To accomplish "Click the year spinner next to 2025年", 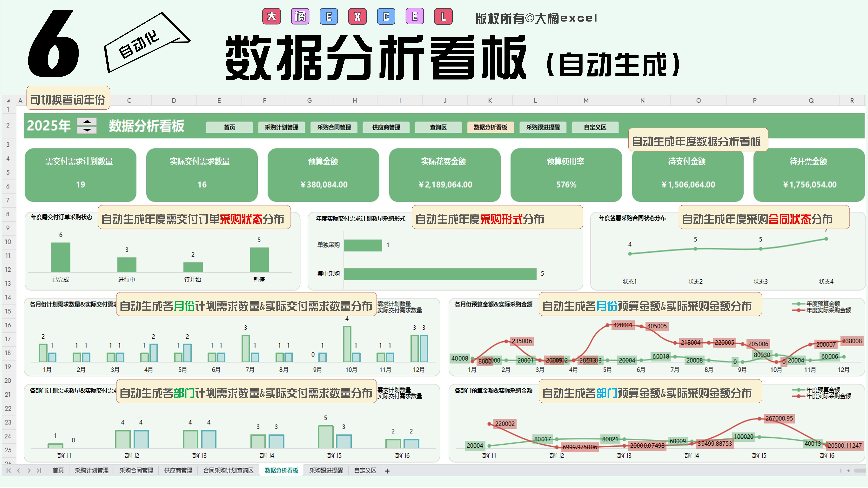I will coord(87,126).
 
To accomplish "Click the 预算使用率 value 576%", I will coord(566,185).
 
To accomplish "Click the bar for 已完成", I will coord(61,257).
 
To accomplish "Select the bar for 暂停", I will coord(259,260).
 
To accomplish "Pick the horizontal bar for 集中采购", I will coord(440,274).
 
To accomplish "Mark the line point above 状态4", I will coord(826,239).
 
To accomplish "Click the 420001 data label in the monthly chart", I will coord(623,325).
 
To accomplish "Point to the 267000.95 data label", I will coord(779,418).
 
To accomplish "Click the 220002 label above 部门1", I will coord(504,424).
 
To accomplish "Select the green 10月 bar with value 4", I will coord(347,344).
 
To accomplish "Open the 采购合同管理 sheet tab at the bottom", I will coord(136,471).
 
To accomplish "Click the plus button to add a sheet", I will coord(387,471).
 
